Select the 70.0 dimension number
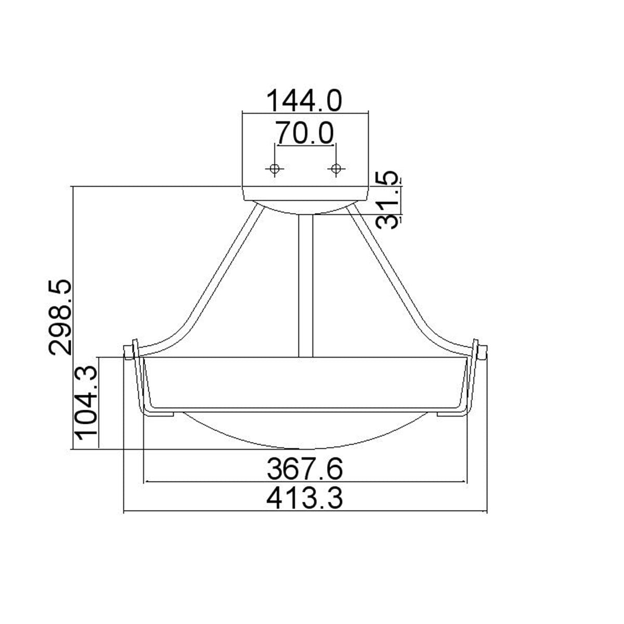[305, 133]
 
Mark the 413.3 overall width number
[305, 499]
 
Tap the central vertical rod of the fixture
[305, 286]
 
